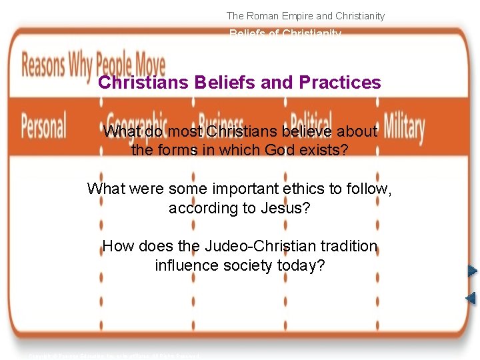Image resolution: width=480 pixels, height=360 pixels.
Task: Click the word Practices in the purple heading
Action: click(x=340, y=83)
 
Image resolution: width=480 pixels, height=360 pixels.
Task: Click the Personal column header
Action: click(x=44, y=125)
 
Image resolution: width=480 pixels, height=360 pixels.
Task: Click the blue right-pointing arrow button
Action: click(x=472, y=271)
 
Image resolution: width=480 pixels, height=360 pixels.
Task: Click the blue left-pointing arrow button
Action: click(x=471, y=297)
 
